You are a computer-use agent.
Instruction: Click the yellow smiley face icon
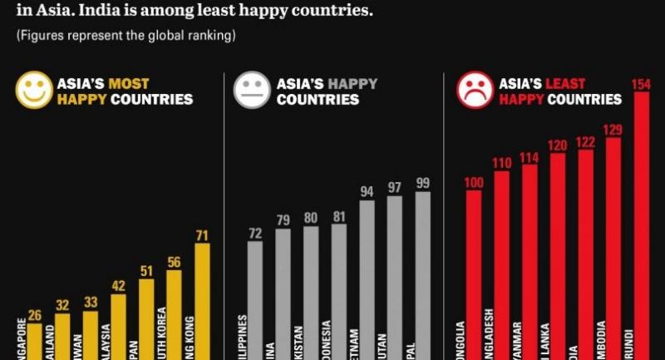click(34, 91)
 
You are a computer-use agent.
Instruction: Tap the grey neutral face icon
click(253, 91)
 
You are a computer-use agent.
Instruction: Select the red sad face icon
click(475, 91)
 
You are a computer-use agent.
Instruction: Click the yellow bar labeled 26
click(34, 341)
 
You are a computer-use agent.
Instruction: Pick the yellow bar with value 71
click(202, 299)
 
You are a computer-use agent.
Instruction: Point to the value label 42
click(118, 286)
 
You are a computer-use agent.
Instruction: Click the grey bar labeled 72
click(254, 299)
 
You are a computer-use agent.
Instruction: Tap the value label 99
click(423, 183)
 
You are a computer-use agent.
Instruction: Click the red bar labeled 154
click(642, 224)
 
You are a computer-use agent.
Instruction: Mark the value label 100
click(474, 182)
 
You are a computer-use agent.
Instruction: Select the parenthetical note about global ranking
click(126, 37)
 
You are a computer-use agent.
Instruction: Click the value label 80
click(310, 218)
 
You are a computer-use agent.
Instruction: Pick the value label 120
click(557, 145)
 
